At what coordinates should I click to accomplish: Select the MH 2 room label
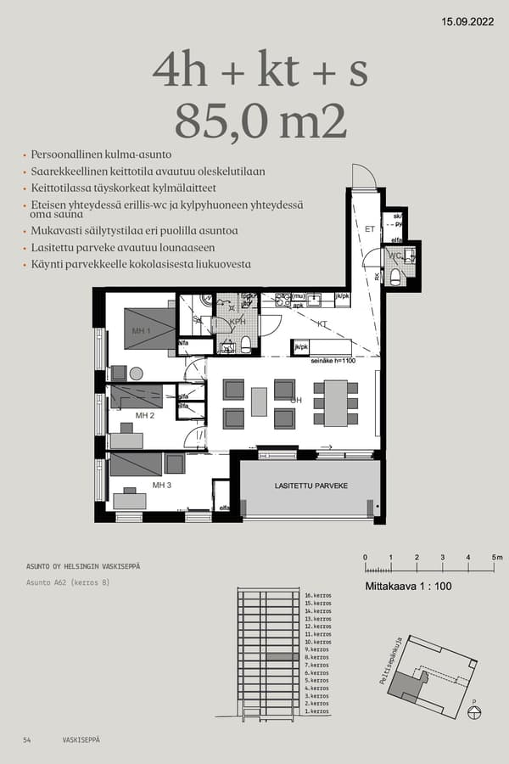coord(145,415)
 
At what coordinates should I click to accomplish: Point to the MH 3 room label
coord(162,485)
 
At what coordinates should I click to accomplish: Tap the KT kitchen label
coord(322,323)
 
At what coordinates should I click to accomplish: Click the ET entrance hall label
coord(369,229)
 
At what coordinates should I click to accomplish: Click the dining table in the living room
coord(336,402)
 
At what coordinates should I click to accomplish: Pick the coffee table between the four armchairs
coord(259,402)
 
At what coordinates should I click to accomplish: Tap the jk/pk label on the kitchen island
coord(299,347)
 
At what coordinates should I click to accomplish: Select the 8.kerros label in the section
coord(316,657)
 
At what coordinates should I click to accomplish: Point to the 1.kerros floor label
coord(316,711)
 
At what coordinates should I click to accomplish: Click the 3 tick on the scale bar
coord(443,557)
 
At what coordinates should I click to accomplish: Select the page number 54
coord(27,740)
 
